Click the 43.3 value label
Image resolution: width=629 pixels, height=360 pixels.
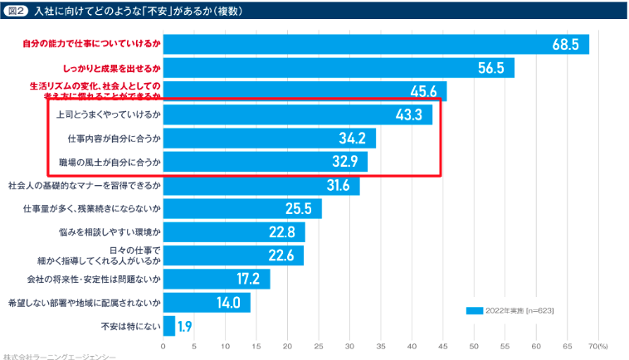point(410,114)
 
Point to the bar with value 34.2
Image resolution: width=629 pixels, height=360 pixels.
point(270,138)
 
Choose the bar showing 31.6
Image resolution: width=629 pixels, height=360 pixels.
point(261,185)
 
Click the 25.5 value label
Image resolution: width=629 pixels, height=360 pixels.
point(298,208)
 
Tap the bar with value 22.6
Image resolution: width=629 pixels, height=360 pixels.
point(233,255)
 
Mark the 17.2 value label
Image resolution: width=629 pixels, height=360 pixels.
point(248,279)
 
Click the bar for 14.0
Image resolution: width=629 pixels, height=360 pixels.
point(207,302)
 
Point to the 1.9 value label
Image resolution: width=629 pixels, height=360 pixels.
point(185,326)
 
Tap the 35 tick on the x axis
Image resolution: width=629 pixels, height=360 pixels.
point(381,345)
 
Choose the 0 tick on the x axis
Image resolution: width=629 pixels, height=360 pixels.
point(163,345)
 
